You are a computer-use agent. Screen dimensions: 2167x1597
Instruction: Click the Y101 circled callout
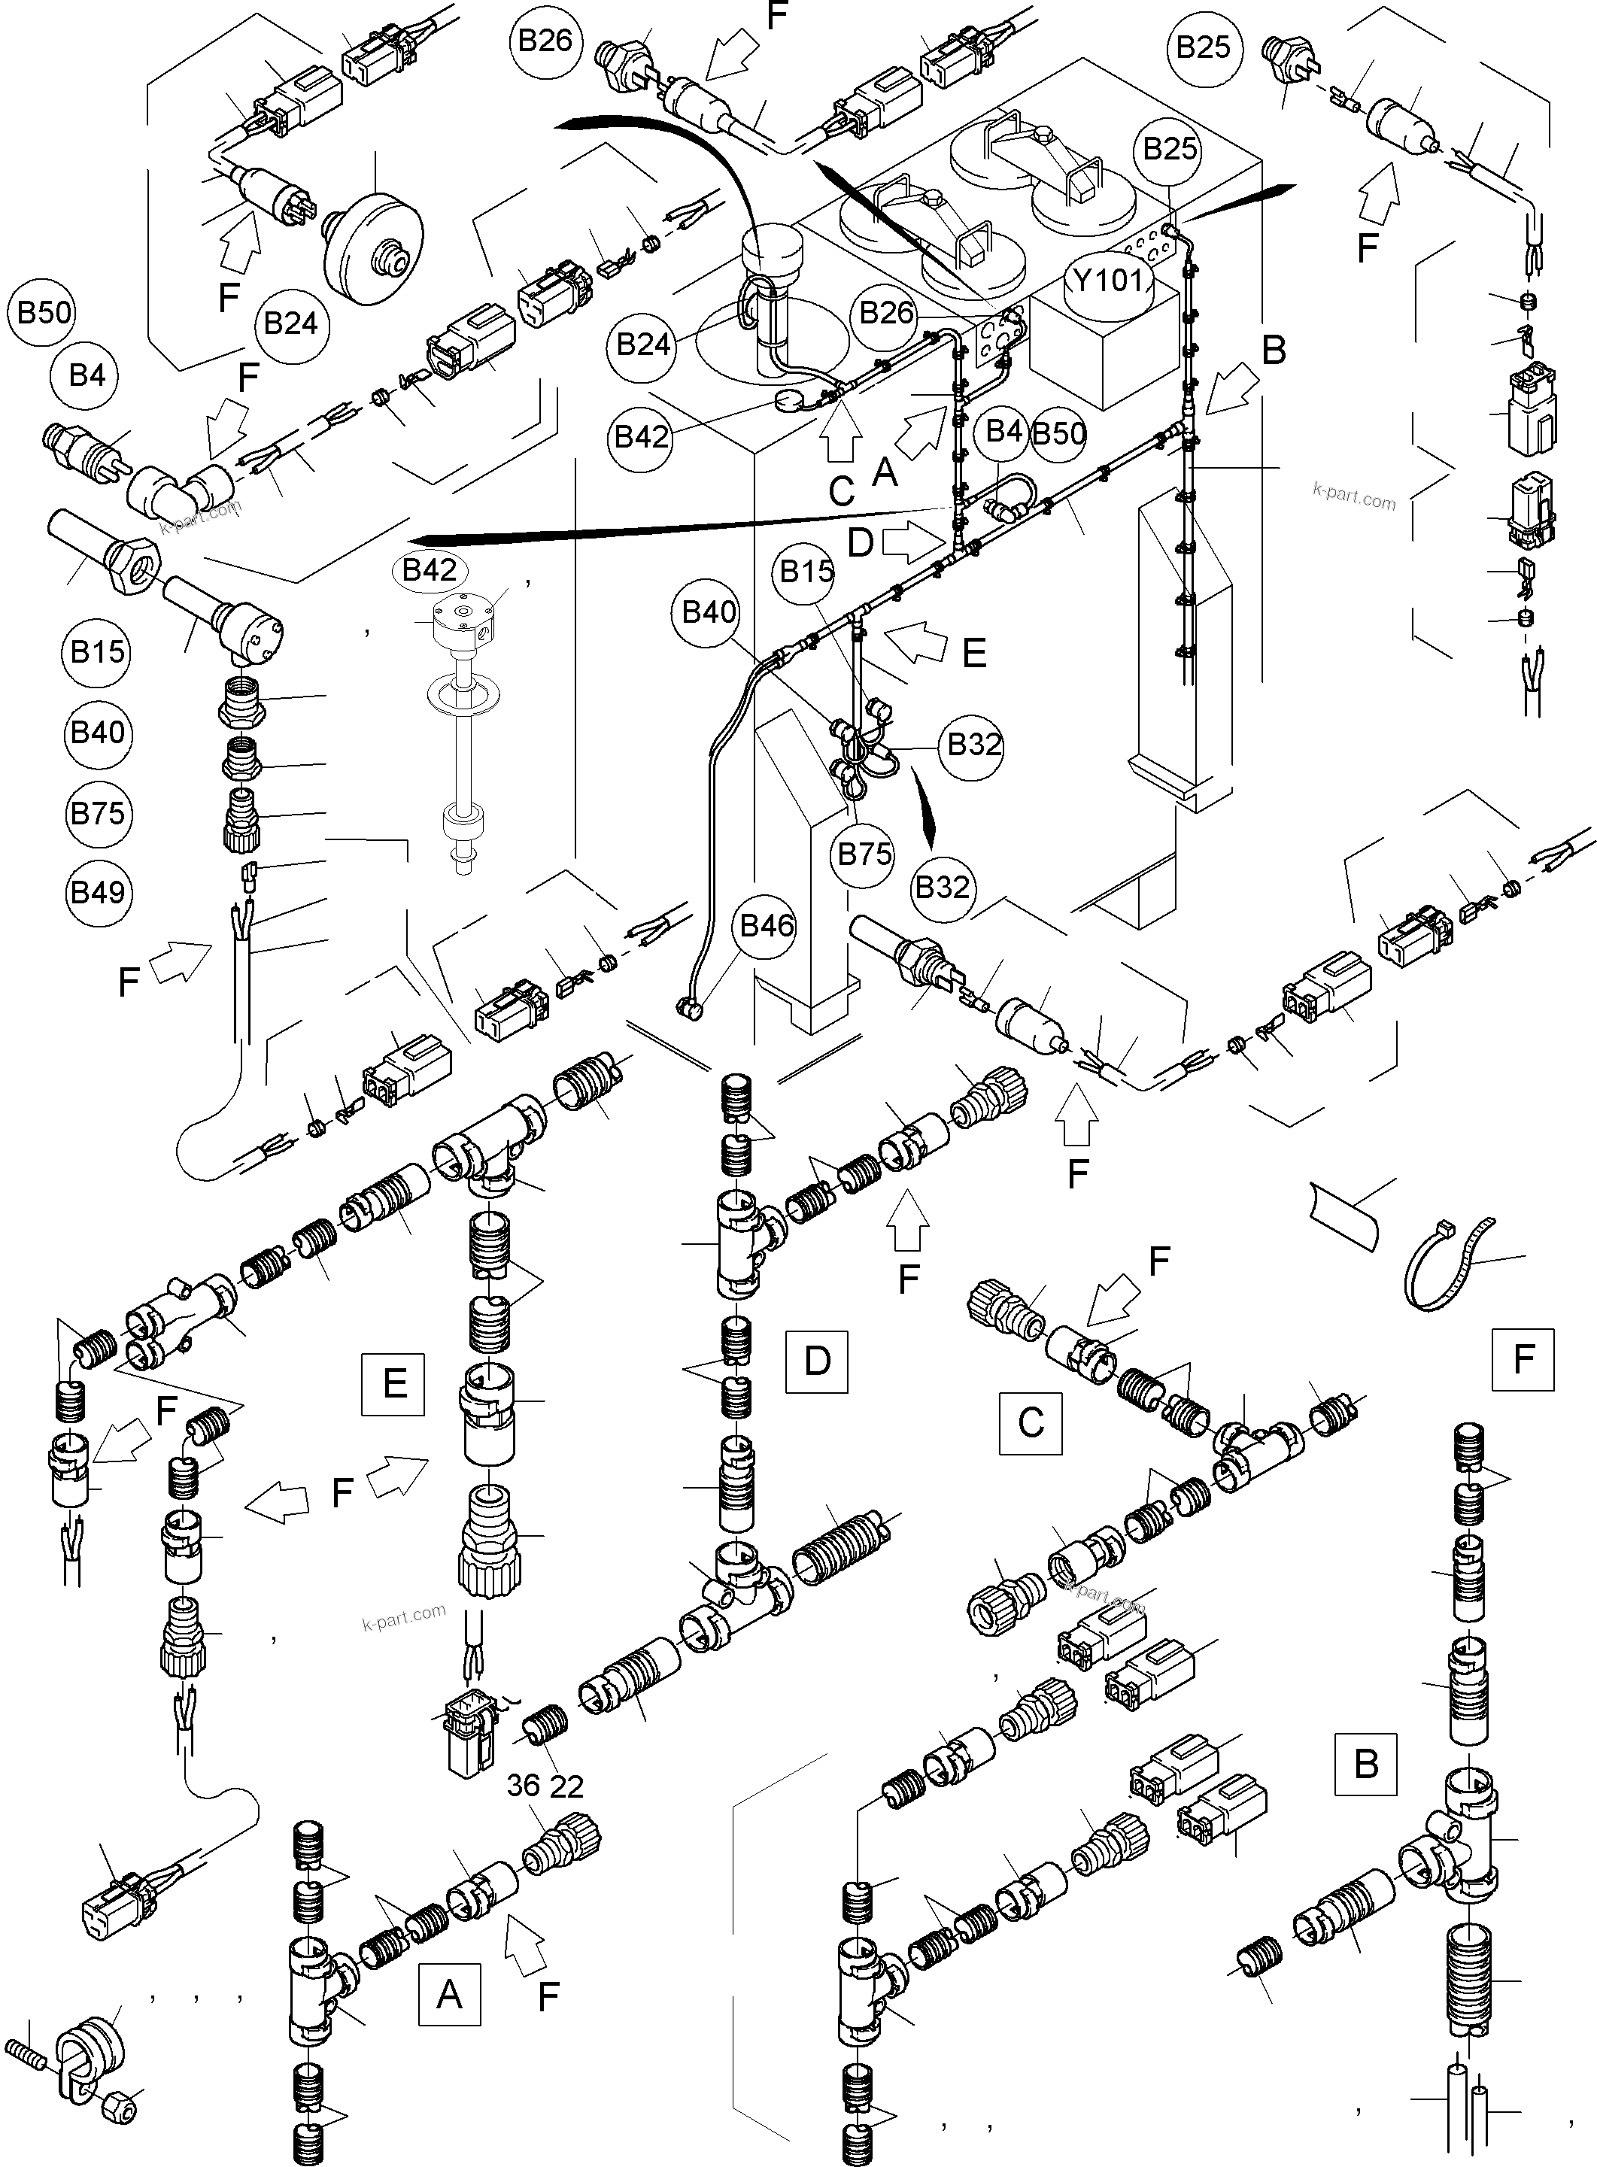[1109, 281]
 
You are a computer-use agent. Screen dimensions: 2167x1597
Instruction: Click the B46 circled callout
[767, 926]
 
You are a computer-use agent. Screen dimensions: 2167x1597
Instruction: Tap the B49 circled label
[98, 891]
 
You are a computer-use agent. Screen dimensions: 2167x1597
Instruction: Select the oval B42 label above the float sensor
[430, 570]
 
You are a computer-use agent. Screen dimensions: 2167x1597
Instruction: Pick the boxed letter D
[817, 1361]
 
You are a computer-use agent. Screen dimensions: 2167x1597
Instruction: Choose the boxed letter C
[1031, 1423]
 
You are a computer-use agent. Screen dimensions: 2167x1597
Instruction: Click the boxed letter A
[448, 1994]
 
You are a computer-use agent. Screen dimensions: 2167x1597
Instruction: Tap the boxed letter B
[1365, 1764]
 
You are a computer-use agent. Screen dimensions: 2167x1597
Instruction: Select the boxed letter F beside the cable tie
[1523, 1360]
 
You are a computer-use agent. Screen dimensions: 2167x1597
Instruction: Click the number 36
[523, 1785]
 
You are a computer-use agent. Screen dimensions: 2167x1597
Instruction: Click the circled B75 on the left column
[98, 813]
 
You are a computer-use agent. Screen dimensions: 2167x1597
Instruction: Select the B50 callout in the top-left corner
[44, 312]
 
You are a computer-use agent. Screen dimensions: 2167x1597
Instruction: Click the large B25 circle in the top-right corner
[1204, 47]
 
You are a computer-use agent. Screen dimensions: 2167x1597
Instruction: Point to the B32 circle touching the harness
[973, 745]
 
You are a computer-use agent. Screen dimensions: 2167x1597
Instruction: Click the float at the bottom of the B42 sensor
[461, 827]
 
